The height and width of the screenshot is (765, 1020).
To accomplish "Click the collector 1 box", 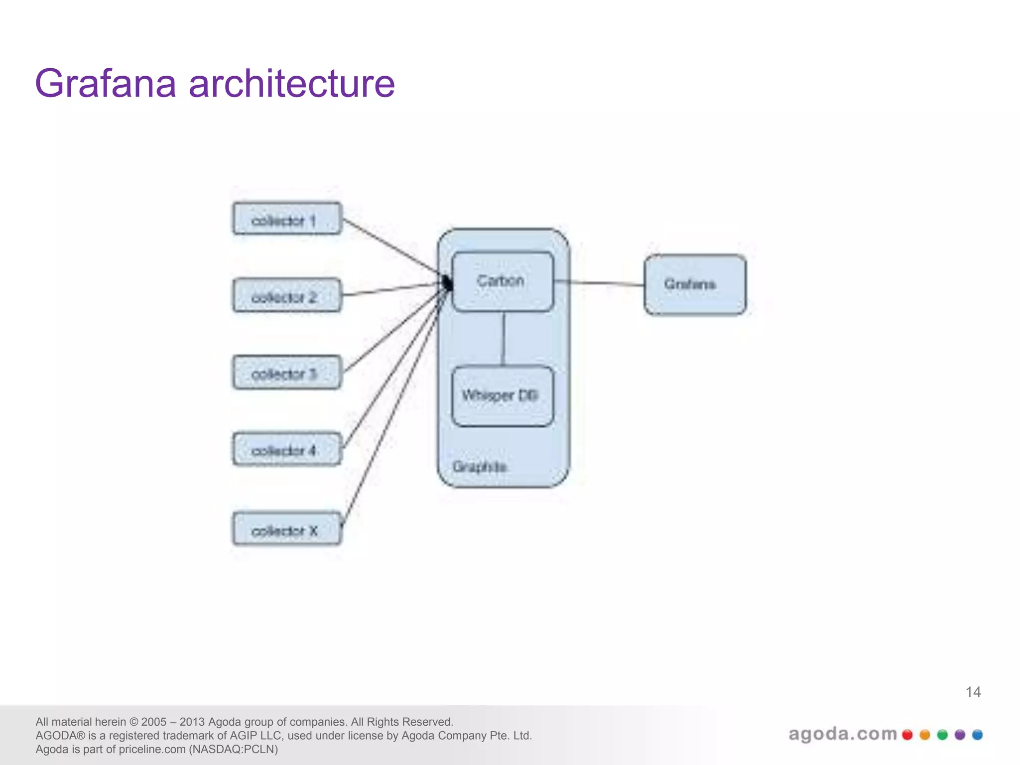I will coord(287,219).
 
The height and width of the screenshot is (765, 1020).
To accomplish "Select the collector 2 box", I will coord(287,296).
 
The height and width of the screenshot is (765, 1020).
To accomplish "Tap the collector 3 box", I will coord(287,373).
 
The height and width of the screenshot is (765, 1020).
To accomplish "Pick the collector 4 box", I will coord(287,449).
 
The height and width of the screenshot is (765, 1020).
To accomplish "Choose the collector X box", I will coord(287,529).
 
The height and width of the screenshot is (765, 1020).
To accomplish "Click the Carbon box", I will coord(502,282).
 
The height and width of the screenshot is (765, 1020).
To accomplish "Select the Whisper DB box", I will coord(502,396).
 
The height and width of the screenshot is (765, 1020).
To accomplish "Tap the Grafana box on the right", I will coord(695,285).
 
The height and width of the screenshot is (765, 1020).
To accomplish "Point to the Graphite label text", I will coord(480,467).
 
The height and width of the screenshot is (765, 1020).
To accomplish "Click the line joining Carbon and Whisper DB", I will coord(503,339).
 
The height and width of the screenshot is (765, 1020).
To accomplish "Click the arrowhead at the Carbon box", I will coord(448,283).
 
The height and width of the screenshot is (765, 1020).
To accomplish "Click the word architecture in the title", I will coord(291,84).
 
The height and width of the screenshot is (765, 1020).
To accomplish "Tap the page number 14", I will coord(973,692).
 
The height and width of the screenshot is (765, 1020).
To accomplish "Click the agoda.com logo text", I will coord(842,734).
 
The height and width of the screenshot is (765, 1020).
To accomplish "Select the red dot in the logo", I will coord(907,735).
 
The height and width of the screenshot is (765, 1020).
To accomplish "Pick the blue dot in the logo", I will coord(977,735).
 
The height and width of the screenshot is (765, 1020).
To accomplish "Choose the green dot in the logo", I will coord(942,735).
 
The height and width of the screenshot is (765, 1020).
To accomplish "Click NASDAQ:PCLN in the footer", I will coord(233,750).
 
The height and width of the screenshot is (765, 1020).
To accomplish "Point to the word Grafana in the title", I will coord(106,84).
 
